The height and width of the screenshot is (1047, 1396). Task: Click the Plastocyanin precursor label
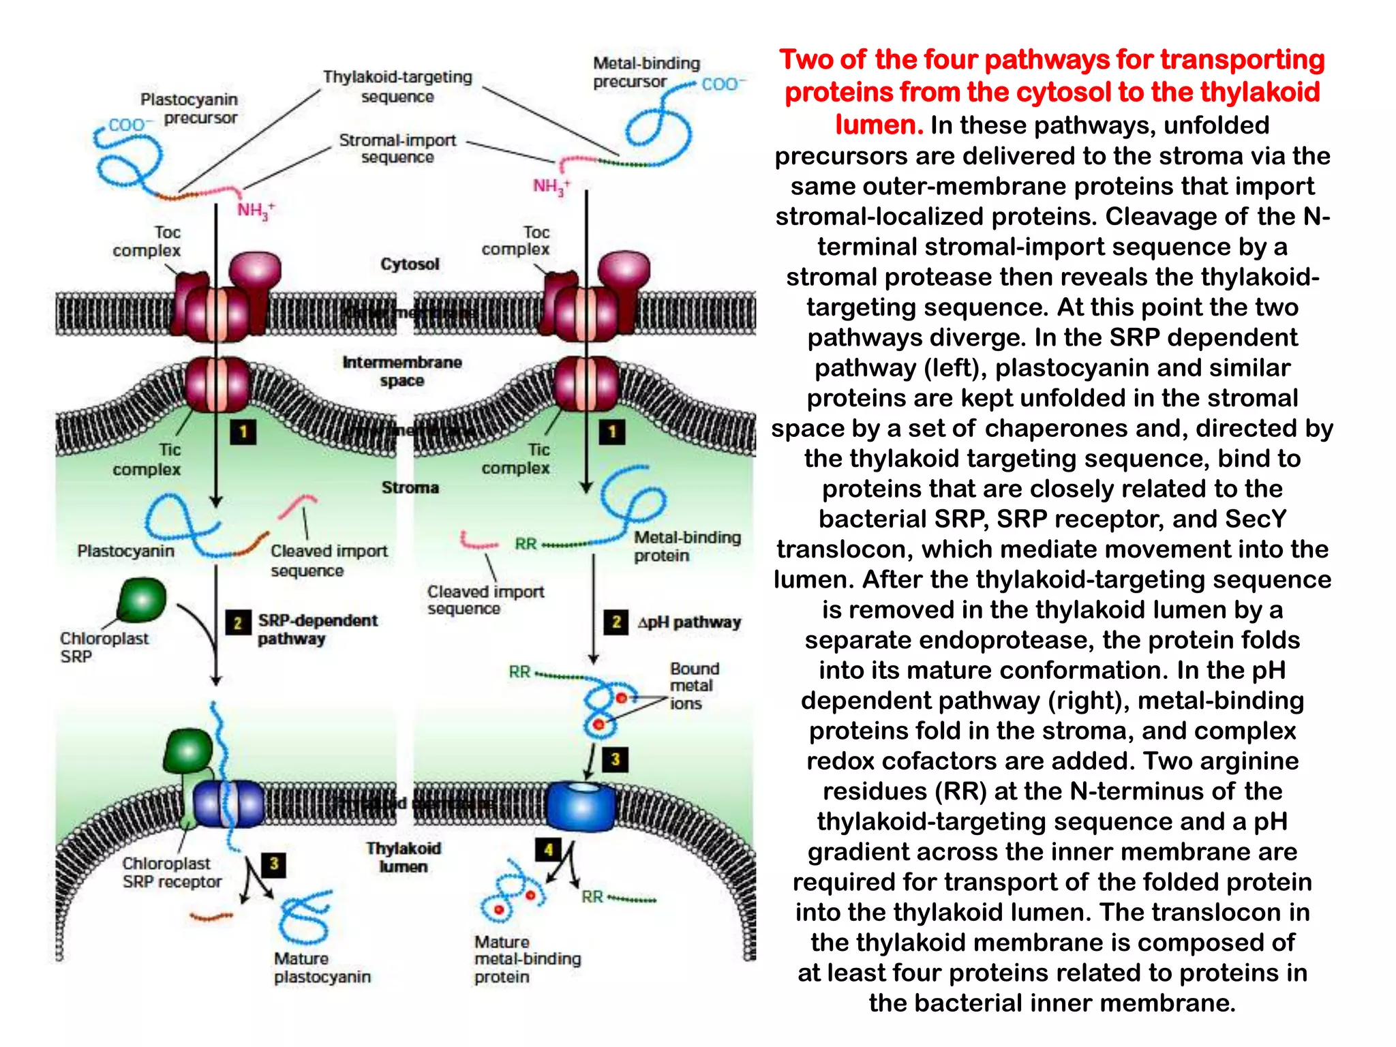point(189,108)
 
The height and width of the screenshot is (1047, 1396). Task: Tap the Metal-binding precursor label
point(646,72)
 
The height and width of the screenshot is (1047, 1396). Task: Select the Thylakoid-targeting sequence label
point(397,87)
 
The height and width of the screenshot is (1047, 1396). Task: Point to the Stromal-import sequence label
point(397,149)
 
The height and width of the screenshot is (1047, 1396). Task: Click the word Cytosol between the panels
point(410,264)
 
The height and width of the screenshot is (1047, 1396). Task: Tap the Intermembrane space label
point(402,371)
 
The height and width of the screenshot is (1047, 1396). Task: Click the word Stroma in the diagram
point(410,487)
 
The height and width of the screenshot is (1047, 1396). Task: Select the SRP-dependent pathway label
point(317,629)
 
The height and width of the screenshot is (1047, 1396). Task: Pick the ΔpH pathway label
point(688,622)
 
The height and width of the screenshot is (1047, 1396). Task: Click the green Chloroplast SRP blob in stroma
point(142,600)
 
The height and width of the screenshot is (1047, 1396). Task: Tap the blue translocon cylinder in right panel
point(581,806)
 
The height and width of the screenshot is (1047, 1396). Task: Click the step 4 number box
point(548,849)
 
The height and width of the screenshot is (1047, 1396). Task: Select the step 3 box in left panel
point(273,864)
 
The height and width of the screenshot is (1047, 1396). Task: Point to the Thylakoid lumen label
point(404,858)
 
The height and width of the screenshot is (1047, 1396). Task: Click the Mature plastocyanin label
point(322,968)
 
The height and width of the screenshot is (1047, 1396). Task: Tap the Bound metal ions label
point(694,686)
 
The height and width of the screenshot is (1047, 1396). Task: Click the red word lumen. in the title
point(879,125)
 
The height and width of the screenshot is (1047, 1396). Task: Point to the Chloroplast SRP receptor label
point(172,872)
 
